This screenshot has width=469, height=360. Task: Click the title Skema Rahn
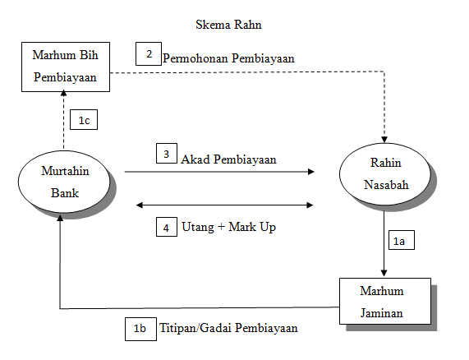229,25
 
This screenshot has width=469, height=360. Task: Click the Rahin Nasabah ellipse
384,173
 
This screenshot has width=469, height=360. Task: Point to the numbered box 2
149,55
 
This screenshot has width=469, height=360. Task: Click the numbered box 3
167,154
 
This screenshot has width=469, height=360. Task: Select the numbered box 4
167,226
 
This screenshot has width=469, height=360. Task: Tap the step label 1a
399,242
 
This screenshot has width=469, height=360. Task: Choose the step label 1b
139,327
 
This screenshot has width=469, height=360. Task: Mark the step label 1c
83,120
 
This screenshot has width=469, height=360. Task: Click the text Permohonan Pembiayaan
228,59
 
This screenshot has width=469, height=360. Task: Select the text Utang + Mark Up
229,226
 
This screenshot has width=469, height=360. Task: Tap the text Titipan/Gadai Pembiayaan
228,328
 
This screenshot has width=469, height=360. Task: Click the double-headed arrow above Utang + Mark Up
226,204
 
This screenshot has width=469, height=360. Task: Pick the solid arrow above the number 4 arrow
220,173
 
